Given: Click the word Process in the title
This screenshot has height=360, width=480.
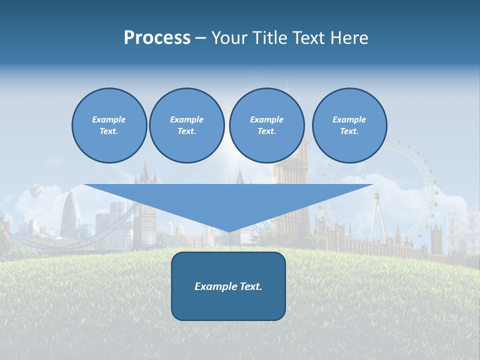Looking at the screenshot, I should pyautogui.click(x=157, y=38).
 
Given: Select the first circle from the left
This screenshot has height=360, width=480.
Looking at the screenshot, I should pyautogui.click(x=109, y=125).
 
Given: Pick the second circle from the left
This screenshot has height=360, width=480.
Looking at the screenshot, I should pyautogui.click(x=187, y=125).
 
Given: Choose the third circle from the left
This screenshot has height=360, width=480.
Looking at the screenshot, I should pyautogui.click(x=267, y=125).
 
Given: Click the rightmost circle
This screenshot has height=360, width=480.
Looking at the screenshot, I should pyautogui.click(x=349, y=125).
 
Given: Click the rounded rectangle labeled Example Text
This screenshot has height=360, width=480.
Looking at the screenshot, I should pyautogui.click(x=228, y=286).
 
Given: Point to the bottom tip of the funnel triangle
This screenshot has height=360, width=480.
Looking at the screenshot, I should pyautogui.click(x=228, y=231).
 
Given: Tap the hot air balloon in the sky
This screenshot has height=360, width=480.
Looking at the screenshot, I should pyautogui.click(x=34, y=190).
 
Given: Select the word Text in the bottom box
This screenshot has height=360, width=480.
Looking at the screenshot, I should pyautogui.click(x=250, y=286).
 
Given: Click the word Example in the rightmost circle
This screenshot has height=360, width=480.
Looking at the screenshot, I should pyautogui.click(x=349, y=119).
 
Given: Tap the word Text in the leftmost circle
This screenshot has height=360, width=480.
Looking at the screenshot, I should pyautogui.click(x=109, y=131).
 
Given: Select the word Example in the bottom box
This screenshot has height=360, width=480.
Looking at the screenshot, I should pyautogui.click(x=215, y=286).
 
